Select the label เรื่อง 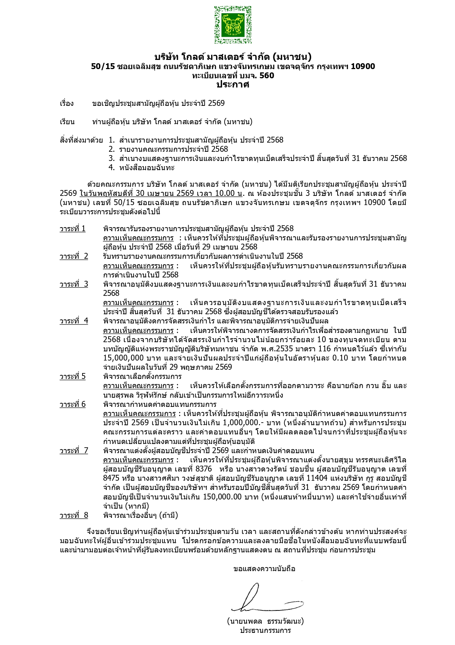(x=67, y=103)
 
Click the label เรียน (x=67, y=122)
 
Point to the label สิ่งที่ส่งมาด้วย (x=81, y=140)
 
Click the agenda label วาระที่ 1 (x=73, y=229)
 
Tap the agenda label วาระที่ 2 (x=74, y=256)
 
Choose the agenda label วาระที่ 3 (x=74, y=284)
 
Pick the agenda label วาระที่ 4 (x=74, y=321)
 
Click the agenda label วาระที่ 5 (x=73, y=376)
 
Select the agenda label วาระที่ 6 (x=73, y=404)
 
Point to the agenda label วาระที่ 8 (x=74, y=515)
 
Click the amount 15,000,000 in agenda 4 (x=123, y=358)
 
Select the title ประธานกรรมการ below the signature (x=265, y=631)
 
